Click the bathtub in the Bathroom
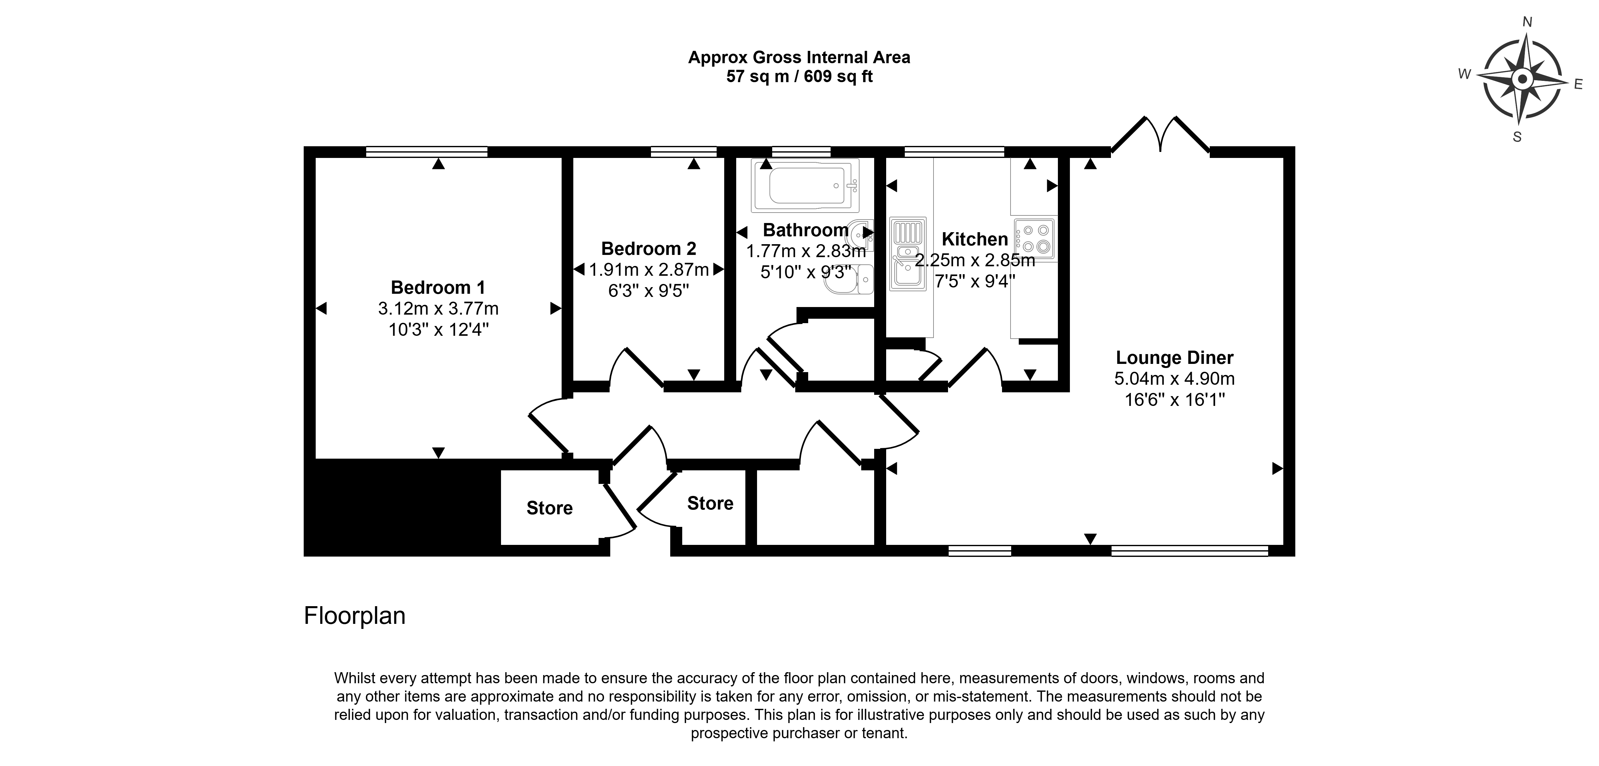pyautogui.click(x=805, y=185)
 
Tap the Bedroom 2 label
pyautogui.click(x=649, y=249)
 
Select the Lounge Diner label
pyautogui.click(x=1174, y=358)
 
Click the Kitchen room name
pyautogui.click(x=975, y=239)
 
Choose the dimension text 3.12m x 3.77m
pyautogui.click(x=438, y=309)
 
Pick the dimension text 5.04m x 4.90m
pyautogui.click(x=1174, y=378)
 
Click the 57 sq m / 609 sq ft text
pyautogui.click(x=799, y=76)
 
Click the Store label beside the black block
pyautogui.click(x=549, y=508)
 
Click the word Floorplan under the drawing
pyautogui.click(x=355, y=616)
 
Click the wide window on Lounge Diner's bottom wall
pyautogui.click(x=1189, y=551)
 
